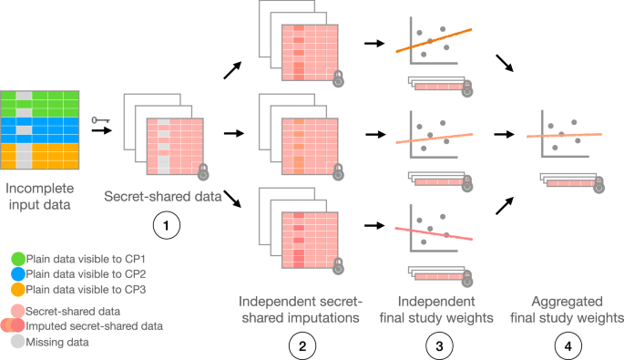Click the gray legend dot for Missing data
[x=12, y=339]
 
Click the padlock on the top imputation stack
[x=339, y=78]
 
